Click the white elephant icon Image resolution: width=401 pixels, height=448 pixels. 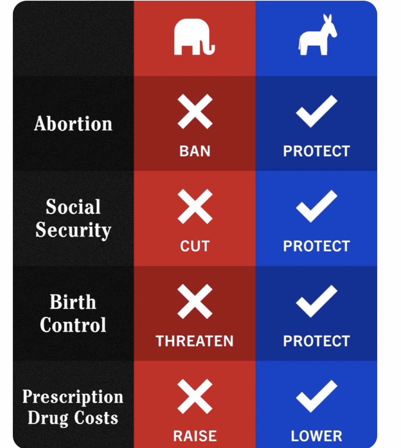point(194,37)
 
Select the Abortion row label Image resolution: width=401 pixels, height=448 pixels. point(73,124)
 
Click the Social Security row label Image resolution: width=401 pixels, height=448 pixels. point(73,218)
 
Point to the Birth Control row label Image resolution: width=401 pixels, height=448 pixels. point(73,313)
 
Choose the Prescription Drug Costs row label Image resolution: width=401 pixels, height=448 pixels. point(73,407)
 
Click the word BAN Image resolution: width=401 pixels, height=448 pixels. point(195,151)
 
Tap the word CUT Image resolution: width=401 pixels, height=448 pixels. point(195,246)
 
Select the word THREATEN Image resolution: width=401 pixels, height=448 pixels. point(195,341)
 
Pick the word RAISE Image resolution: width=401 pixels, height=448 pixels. point(195,436)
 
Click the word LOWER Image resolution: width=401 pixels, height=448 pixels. point(316,436)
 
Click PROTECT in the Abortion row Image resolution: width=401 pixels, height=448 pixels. point(316,151)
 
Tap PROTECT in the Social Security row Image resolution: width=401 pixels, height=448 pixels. point(316,246)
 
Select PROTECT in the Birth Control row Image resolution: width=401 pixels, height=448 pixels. point(316,341)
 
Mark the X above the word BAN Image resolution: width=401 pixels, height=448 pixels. point(195,112)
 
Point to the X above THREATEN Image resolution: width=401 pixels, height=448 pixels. point(195,301)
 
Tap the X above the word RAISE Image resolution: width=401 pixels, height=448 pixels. point(195,396)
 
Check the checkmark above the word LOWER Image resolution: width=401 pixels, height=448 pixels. point(316,396)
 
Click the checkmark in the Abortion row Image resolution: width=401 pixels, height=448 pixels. point(316,111)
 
